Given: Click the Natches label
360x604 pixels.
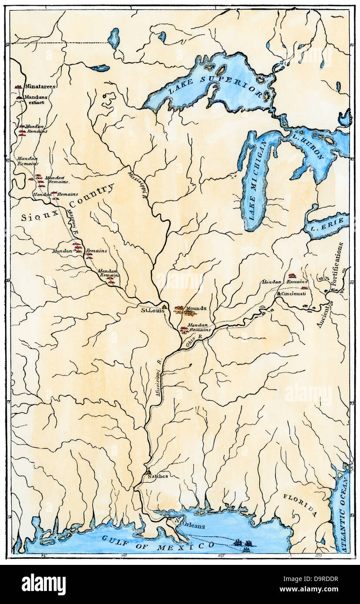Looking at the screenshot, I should tap(157, 476).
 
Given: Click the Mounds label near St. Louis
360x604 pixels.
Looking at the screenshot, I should tap(196, 309).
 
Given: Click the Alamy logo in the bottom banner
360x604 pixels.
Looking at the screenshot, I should tap(44, 584).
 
